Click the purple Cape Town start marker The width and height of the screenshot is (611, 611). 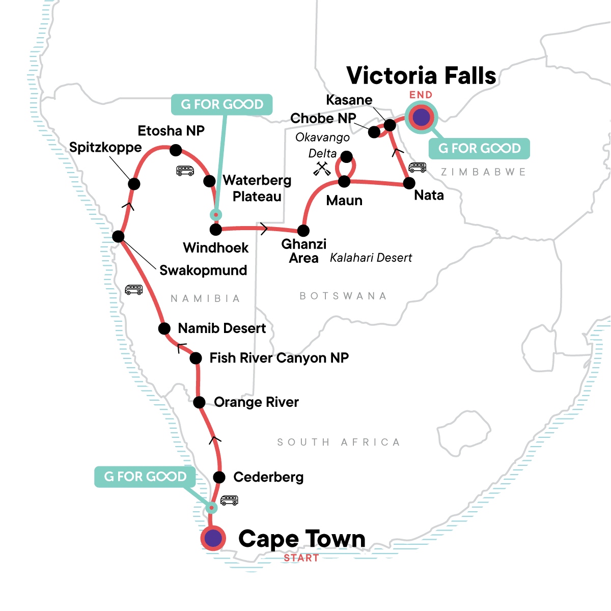(213, 538)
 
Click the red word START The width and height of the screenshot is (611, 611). (301, 558)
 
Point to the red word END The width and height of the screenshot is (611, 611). (421, 95)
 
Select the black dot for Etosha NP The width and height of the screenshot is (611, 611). (176, 150)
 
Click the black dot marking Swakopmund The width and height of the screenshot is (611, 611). (118, 236)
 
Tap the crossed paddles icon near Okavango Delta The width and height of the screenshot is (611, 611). (322, 169)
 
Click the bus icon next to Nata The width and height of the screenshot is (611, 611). (417, 167)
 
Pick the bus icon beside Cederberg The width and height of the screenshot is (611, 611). (229, 500)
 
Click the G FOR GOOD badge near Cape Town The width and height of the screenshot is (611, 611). (146, 477)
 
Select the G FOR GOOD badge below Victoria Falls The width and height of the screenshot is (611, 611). (480, 148)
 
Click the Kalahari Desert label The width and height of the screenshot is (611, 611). (371, 258)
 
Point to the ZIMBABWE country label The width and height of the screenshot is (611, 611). (483, 172)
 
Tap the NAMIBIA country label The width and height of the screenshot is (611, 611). (205, 298)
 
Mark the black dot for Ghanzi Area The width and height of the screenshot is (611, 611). (303, 231)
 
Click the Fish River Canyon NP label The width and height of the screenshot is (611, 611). (279, 358)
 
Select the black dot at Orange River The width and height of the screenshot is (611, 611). (199, 402)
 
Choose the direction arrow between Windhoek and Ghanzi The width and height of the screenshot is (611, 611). (264, 229)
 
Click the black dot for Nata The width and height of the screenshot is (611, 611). (409, 183)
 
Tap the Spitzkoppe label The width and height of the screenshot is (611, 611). (105, 148)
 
